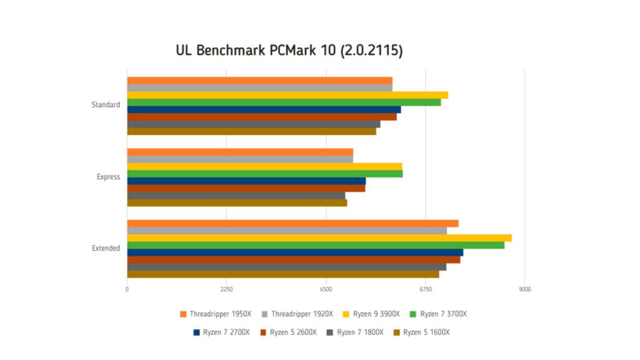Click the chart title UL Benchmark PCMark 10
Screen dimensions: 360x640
[x=289, y=51]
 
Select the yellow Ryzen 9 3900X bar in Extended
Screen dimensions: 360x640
[x=319, y=238]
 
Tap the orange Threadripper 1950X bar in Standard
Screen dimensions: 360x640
[x=259, y=80]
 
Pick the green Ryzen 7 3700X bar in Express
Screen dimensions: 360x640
[x=264, y=174]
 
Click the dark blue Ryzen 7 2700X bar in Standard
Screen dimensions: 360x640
[x=264, y=109]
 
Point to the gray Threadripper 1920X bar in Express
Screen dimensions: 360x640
[x=240, y=159]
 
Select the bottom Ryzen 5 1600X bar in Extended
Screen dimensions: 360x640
[x=282, y=274]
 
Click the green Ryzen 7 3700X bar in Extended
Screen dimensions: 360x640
[x=316, y=245]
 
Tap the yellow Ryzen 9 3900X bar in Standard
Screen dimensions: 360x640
[x=287, y=95]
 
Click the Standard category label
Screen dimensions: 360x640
[x=106, y=105]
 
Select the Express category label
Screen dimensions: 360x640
[x=108, y=177]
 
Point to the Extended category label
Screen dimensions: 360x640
[x=106, y=248]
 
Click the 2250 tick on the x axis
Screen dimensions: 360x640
[x=226, y=289]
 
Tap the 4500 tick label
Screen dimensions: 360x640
[x=326, y=289]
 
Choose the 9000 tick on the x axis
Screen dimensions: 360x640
[x=524, y=289]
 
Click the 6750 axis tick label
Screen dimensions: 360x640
[x=425, y=289]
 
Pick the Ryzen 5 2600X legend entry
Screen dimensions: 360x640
[x=289, y=332]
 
